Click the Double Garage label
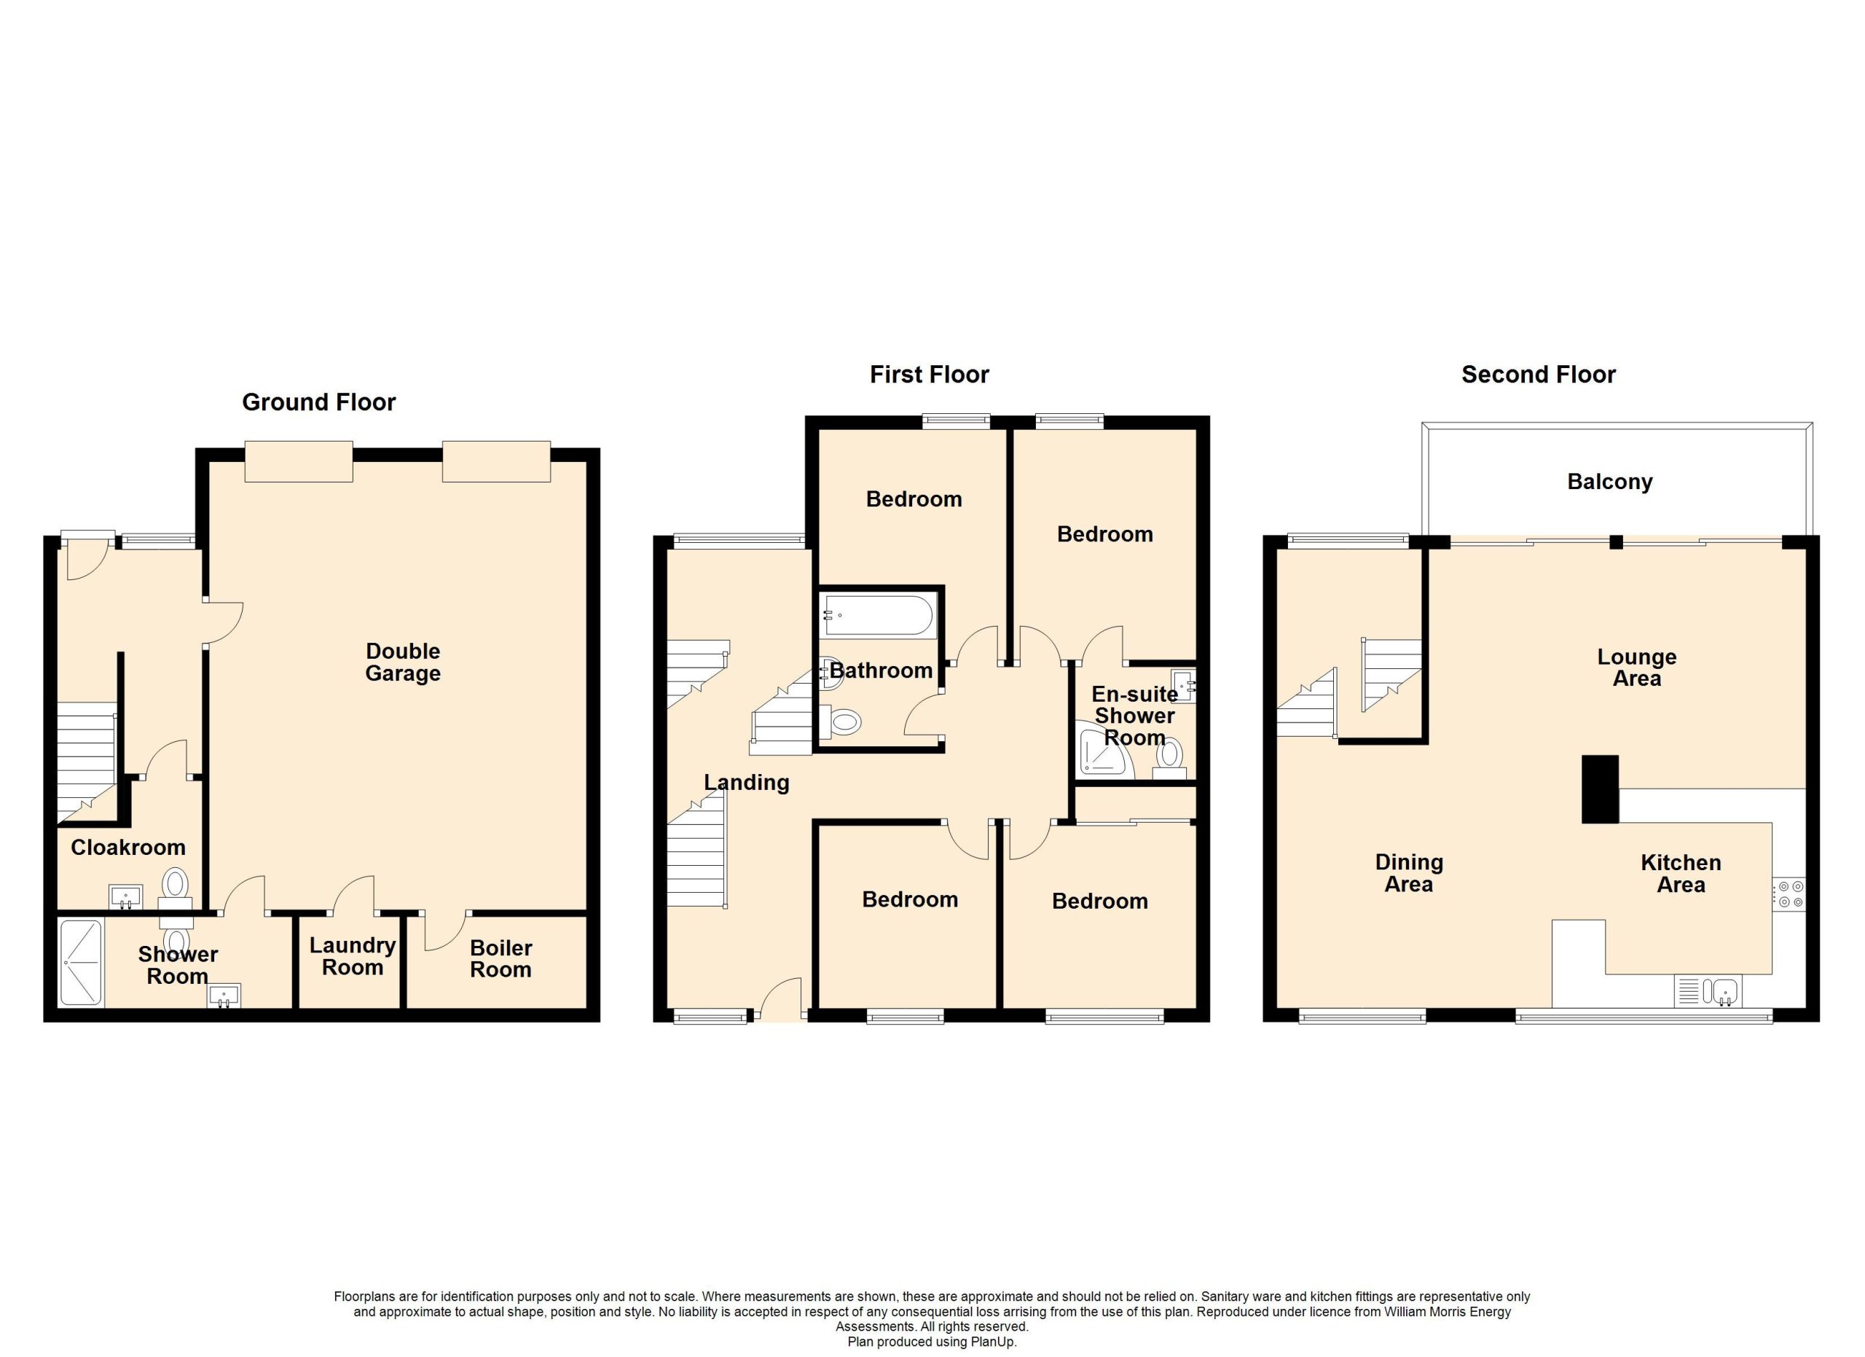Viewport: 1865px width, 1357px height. click(x=403, y=662)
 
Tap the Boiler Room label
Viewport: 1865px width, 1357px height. click(x=500, y=959)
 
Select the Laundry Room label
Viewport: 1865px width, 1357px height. click(x=353, y=956)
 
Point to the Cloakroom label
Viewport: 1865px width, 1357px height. click(x=128, y=847)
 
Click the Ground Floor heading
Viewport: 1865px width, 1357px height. click(x=319, y=402)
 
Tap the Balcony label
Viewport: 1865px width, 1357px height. click(x=1609, y=482)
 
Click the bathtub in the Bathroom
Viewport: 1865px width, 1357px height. click(x=879, y=616)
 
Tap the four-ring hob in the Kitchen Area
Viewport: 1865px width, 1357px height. click(x=1789, y=896)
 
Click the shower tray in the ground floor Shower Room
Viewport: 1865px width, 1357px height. click(x=82, y=962)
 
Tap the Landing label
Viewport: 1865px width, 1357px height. click(x=747, y=783)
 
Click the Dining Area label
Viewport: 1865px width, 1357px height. click(x=1410, y=873)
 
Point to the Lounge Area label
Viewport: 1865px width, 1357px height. click(x=1636, y=668)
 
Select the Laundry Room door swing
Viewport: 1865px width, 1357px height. click(x=353, y=894)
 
